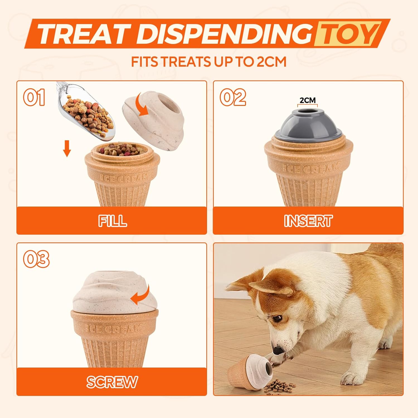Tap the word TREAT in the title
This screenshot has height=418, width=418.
(x=84, y=34)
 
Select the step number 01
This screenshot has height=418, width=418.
(x=34, y=97)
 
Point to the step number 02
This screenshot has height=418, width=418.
(x=233, y=97)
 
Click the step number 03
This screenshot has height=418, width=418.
(x=36, y=259)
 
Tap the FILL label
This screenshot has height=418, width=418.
(x=112, y=221)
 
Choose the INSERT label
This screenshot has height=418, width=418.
(x=308, y=221)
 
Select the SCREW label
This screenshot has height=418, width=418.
(x=112, y=382)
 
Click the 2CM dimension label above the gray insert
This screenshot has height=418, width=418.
(x=308, y=100)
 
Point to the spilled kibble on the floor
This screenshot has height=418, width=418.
(x=279, y=386)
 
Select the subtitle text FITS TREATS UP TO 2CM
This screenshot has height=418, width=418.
(x=209, y=62)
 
